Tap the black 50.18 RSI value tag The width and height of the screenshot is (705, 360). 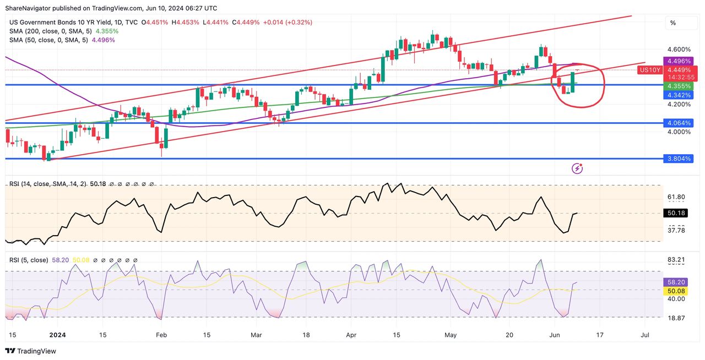676,213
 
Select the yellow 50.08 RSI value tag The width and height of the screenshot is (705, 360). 676,290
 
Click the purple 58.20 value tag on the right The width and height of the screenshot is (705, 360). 676,282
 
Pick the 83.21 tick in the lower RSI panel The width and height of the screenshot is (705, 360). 676,260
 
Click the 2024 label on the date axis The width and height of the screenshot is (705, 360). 57,334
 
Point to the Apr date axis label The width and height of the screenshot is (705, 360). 351,334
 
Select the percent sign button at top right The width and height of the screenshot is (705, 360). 673,23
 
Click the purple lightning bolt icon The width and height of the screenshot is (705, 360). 577,168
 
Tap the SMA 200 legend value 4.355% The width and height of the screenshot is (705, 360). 107,31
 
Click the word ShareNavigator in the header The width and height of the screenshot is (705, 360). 28,8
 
